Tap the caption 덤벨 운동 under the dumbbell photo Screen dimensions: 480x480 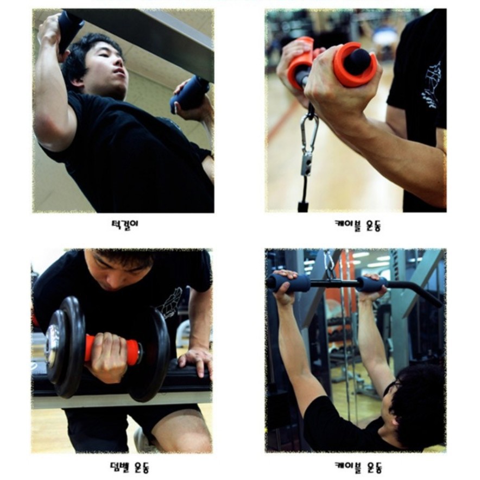pyautogui.click(x=129, y=468)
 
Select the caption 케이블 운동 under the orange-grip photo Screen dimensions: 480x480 pyautogui.click(x=357, y=226)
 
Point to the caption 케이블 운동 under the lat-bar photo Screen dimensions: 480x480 pyautogui.click(x=358, y=468)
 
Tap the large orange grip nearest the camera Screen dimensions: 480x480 pyautogui.click(x=355, y=64)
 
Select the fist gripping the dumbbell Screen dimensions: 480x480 pyautogui.click(x=107, y=357)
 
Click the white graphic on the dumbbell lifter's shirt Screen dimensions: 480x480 pyautogui.click(x=169, y=302)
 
